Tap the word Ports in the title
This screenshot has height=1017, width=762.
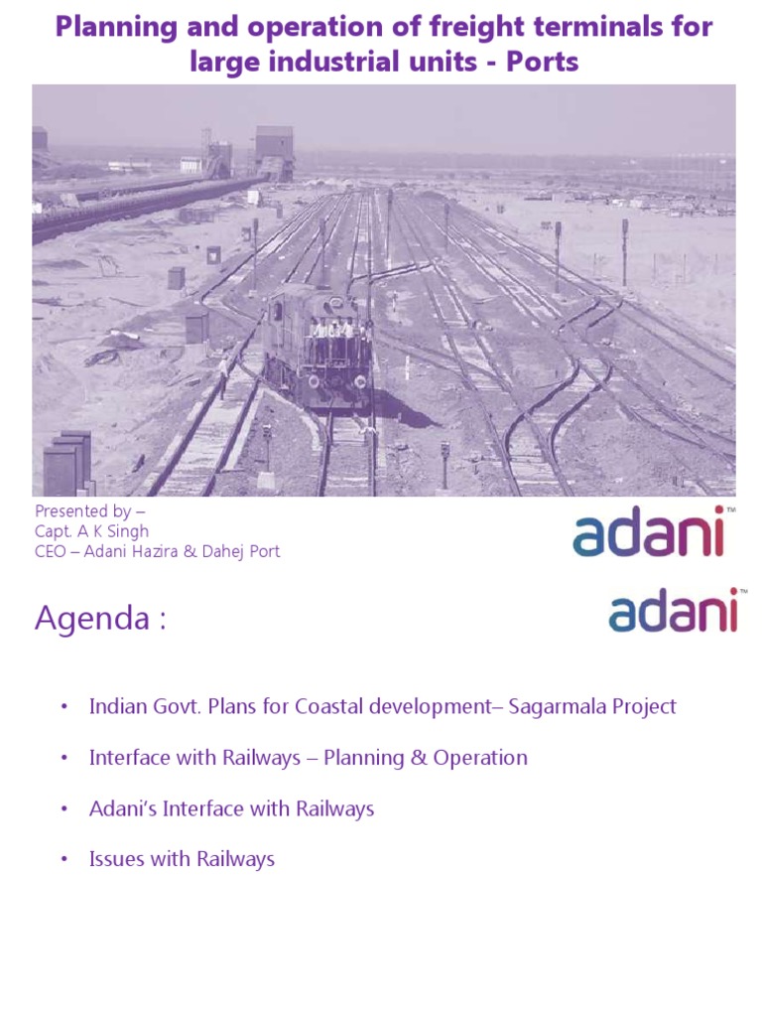[543, 63]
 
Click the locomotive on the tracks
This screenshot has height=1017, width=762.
[318, 343]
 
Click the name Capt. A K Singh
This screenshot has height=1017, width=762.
[92, 531]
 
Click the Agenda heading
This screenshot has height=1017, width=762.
[100, 619]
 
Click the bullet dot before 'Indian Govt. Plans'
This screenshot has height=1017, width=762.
[64, 707]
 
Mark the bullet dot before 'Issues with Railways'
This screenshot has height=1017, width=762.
[64, 860]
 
